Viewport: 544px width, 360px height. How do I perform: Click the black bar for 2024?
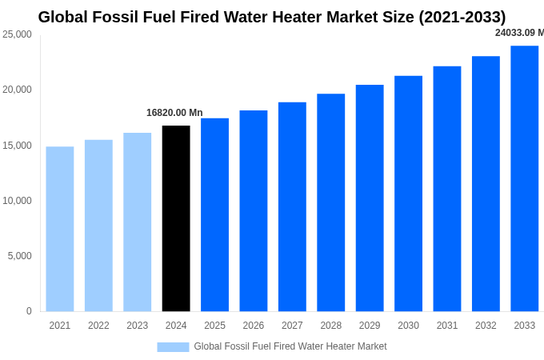pos(176,218)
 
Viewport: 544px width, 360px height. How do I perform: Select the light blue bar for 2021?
pos(60,229)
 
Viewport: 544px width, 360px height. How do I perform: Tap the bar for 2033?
pos(525,178)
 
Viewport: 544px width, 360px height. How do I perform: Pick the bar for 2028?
pos(330,202)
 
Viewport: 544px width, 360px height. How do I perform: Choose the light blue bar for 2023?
pos(137,222)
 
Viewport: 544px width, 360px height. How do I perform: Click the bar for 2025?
pos(214,214)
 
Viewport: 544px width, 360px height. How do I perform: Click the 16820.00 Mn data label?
pos(174,113)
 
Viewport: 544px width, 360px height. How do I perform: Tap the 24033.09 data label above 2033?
pos(519,33)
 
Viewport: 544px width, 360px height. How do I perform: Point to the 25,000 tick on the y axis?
pos(17,34)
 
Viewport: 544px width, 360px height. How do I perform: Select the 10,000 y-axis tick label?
pos(17,201)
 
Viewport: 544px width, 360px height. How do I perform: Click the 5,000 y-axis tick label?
pos(19,256)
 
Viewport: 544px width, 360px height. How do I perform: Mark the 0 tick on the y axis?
pos(29,311)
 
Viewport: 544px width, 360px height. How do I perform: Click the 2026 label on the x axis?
pos(253,326)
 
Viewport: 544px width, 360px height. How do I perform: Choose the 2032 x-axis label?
pos(486,326)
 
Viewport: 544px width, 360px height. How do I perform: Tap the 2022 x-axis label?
pos(98,326)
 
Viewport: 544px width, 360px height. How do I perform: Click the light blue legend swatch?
pos(173,346)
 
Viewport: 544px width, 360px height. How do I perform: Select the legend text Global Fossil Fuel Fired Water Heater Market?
pos(290,346)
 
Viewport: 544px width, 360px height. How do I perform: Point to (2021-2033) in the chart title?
pos(462,17)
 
